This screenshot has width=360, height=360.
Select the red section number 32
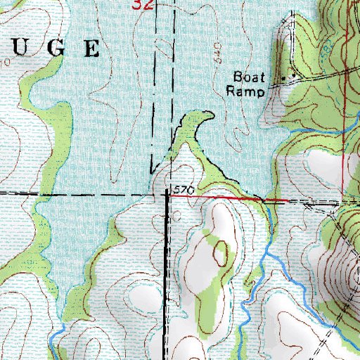pos(143,4)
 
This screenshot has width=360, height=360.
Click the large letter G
pos(59,48)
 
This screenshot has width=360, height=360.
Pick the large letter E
pos(91,48)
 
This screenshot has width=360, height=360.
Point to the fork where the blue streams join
pos(262,260)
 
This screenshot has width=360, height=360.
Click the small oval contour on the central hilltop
pos(221,253)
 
